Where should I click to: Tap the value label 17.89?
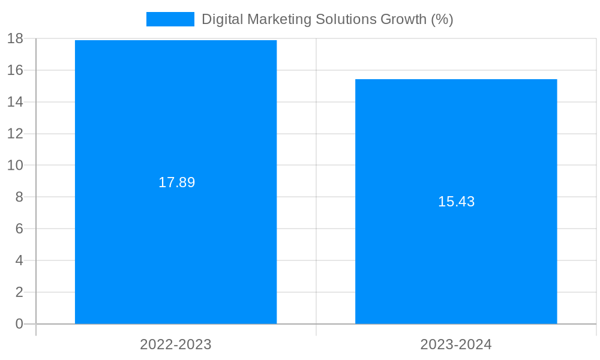click(x=176, y=182)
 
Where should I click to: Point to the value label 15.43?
click(x=456, y=202)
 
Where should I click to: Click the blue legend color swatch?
click(x=170, y=19)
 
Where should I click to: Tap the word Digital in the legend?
click(x=219, y=19)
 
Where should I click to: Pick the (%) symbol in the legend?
click(x=442, y=19)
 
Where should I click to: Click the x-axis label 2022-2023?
click(x=176, y=344)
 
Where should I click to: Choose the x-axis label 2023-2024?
click(x=456, y=344)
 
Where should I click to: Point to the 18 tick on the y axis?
click(x=15, y=39)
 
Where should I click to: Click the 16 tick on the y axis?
click(x=15, y=70)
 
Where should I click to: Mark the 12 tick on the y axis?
click(x=15, y=134)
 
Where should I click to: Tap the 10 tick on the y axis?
click(x=15, y=165)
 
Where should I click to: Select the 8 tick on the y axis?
click(x=19, y=197)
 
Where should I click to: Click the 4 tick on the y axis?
click(x=19, y=260)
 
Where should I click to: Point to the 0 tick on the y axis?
click(x=19, y=324)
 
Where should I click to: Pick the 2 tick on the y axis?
click(x=19, y=292)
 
